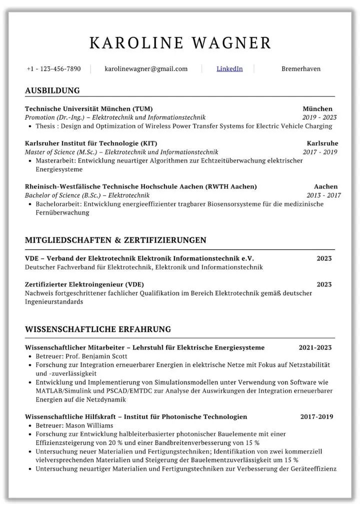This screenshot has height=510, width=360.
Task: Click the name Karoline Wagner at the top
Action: click(180, 43)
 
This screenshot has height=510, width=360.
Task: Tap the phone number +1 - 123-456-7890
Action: click(53, 69)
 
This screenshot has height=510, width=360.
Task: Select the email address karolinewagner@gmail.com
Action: click(146, 69)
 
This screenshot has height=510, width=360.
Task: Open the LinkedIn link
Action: click(229, 69)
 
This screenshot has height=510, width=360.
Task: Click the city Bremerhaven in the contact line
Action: click(300, 69)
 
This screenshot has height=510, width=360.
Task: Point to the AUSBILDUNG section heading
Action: click(52, 90)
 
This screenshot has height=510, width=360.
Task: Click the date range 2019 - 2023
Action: click(319, 117)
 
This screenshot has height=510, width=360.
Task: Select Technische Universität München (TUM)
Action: click(89, 108)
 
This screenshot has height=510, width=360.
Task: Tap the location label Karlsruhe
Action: click(322, 143)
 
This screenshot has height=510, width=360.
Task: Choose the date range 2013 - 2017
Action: click(323, 195)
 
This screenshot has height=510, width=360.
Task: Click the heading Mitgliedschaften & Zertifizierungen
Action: click(115, 240)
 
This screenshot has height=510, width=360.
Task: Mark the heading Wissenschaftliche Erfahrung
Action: click(98, 329)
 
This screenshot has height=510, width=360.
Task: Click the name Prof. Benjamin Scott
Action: click(95, 356)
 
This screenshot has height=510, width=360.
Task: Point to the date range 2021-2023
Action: click(315, 347)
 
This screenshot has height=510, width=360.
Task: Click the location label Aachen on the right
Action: click(325, 186)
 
